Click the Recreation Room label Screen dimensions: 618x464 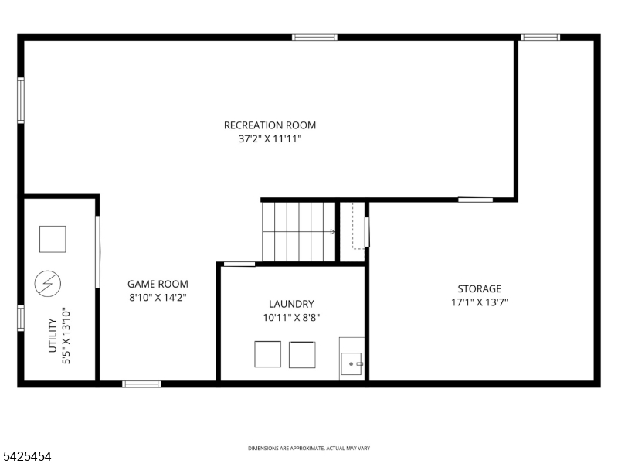pyautogui.click(x=270, y=125)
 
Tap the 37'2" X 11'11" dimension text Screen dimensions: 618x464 pyautogui.click(x=270, y=139)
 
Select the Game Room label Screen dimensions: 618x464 pyautogui.click(x=158, y=284)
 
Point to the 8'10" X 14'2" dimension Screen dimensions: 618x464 pyautogui.click(x=158, y=298)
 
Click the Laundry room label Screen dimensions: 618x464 pyautogui.click(x=291, y=304)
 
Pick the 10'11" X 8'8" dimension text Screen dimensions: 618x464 pyautogui.click(x=291, y=318)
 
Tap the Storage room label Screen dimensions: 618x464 pyautogui.click(x=479, y=288)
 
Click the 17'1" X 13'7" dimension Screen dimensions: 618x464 pyautogui.click(x=479, y=302)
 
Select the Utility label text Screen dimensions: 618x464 pyautogui.click(x=53, y=336)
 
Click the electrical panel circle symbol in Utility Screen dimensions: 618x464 pyautogui.click(x=48, y=283)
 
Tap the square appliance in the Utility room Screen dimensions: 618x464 pyautogui.click(x=53, y=239)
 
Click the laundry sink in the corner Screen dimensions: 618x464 pyautogui.click(x=351, y=363)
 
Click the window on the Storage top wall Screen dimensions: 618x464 pyautogui.click(x=540, y=37)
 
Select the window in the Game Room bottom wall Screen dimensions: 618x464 pyautogui.click(x=141, y=384)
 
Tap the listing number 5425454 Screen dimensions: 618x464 pyautogui.click(x=25, y=456)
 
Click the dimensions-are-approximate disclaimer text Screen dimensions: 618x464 pyautogui.click(x=309, y=449)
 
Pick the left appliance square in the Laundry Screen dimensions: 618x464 pyautogui.click(x=267, y=354)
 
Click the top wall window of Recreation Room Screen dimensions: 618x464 pyautogui.click(x=314, y=37)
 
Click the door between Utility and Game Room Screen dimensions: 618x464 pyautogui.click(x=97, y=252)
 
